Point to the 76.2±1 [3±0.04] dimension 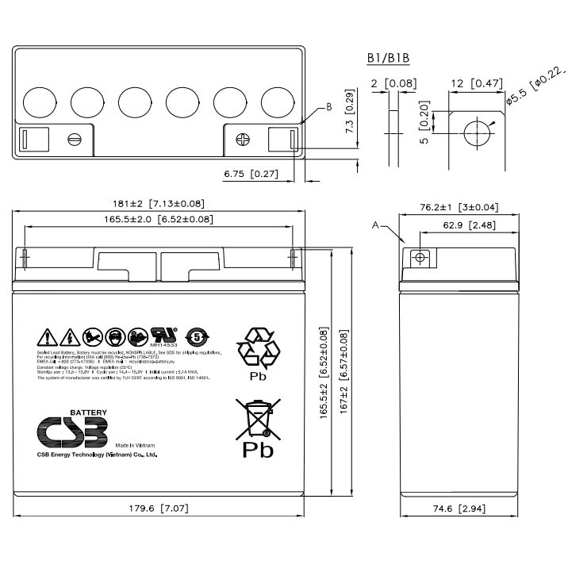(459, 207)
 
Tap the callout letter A (375, 225)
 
